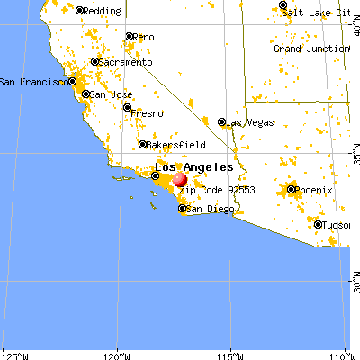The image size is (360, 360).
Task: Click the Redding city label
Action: (103, 11)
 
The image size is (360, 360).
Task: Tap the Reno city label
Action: (146, 37)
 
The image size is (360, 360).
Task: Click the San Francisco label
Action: (31, 81)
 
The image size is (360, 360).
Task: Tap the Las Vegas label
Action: (247, 121)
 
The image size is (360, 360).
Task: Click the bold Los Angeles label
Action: (194, 167)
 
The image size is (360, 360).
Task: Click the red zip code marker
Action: (180, 180)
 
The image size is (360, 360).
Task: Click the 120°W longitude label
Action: (117, 352)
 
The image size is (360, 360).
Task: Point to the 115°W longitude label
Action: (231, 352)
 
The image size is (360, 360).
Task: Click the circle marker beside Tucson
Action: (319, 224)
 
